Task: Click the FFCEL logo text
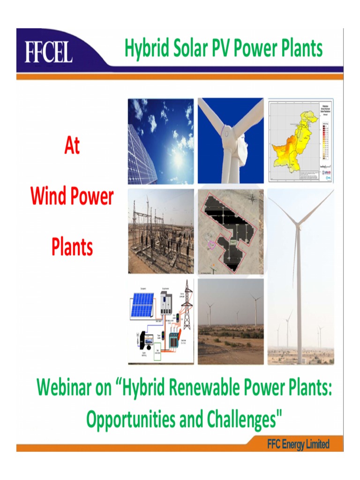(x=48, y=52)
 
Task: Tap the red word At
(x=72, y=146)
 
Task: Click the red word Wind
(x=50, y=196)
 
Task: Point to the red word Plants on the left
(x=72, y=246)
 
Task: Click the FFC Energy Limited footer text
(x=298, y=444)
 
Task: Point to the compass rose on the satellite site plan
(x=253, y=198)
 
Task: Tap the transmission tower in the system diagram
(x=187, y=305)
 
